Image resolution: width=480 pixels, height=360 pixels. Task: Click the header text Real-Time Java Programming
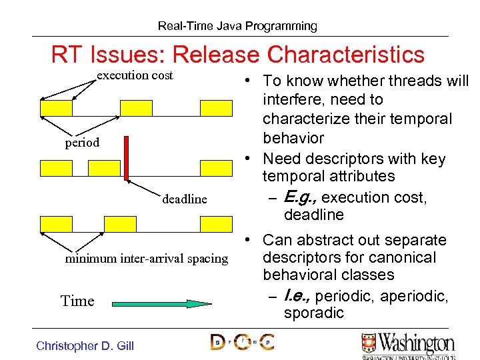coord(237,26)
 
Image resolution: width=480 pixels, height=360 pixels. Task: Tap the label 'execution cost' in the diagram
coord(135,75)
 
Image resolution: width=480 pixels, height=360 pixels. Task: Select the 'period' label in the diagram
coord(82,142)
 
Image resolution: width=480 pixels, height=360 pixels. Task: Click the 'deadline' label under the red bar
coord(185,199)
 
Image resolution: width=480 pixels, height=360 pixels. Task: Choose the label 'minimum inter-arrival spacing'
coord(146,259)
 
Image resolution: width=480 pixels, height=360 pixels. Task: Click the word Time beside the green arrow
coord(77,301)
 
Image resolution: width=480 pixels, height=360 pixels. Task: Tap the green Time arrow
coord(160,303)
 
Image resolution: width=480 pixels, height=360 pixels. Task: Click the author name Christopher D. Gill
coord(85,345)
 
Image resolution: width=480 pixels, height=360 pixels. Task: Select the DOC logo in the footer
coord(241,343)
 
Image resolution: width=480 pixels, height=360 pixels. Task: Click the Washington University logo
coord(407,345)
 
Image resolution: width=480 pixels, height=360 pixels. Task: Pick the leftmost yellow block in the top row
coord(56,108)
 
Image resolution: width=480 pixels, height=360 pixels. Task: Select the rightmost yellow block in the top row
coord(216,108)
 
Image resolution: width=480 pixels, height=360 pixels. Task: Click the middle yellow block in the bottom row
coord(120,223)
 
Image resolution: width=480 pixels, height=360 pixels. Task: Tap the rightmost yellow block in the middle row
coord(216,167)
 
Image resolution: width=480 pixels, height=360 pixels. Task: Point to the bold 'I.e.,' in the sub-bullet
coord(297,295)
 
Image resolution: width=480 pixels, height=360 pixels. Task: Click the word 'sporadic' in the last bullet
coord(313,313)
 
